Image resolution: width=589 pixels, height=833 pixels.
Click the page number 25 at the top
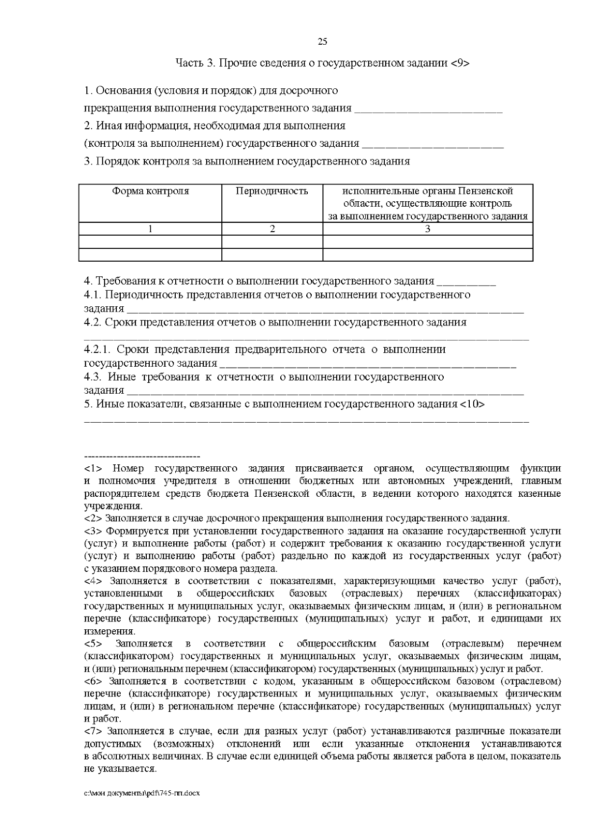pyautogui.click(x=322, y=42)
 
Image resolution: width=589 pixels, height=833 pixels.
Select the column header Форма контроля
pyautogui.click(x=150, y=191)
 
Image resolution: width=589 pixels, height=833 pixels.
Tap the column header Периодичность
pyautogui.click(x=272, y=191)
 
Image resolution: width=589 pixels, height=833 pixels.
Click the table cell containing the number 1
pyautogui.click(x=150, y=229)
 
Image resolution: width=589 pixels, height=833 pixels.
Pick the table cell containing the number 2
pyautogui.click(x=272, y=229)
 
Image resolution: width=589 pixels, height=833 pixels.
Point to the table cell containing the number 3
pyautogui.click(x=428, y=229)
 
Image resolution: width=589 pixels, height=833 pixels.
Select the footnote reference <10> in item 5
pyautogui.click(x=472, y=404)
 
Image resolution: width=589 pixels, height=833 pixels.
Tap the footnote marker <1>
pyautogui.click(x=93, y=468)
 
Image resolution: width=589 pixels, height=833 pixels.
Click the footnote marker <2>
pyautogui.click(x=93, y=518)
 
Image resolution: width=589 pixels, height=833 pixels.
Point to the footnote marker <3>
pyautogui.click(x=93, y=531)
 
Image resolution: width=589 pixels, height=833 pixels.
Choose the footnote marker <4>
pyautogui.click(x=93, y=581)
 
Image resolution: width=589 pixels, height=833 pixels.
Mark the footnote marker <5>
pyautogui.click(x=93, y=644)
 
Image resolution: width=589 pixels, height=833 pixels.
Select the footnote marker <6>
pyautogui.click(x=93, y=681)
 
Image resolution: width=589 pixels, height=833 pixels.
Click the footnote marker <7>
pyautogui.click(x=93, y=731)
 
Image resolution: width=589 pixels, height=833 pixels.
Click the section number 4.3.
pyautogui.click(x=93, y=377)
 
